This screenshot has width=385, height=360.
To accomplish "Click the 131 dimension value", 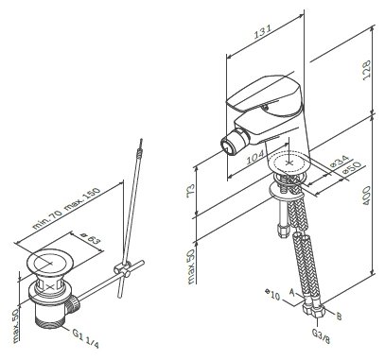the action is click(x=263, y=31).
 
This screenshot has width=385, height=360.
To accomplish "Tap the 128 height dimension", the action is click(x=366, y=70).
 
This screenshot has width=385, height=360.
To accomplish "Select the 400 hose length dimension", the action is click(x=366, y=196).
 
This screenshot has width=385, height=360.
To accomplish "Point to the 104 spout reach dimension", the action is click(x=255, y=156).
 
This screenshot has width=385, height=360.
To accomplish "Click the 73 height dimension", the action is click(x=190, y=191).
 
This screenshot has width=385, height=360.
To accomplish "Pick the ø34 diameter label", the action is click(x=338, y=162).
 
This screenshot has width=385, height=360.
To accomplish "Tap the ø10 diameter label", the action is click(x=272, y=294).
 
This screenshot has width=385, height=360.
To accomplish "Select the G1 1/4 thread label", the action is click(x=85, y=338).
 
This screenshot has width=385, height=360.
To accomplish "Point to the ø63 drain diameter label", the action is click(x=90, y=238).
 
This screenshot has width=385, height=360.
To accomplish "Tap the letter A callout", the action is click(x=292, y=293).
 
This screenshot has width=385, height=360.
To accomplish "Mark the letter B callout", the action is click(x=339, y=316).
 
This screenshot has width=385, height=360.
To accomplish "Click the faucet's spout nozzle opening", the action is click(x=228, y=146).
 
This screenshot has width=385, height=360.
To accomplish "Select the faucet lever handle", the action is click(x=265, y=94).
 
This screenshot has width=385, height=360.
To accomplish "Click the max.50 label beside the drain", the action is click(x=16, y=325).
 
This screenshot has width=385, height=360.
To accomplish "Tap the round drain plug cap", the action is click(x=50, y=263).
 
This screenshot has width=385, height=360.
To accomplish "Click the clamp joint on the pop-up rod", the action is click(x=122, y=269).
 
